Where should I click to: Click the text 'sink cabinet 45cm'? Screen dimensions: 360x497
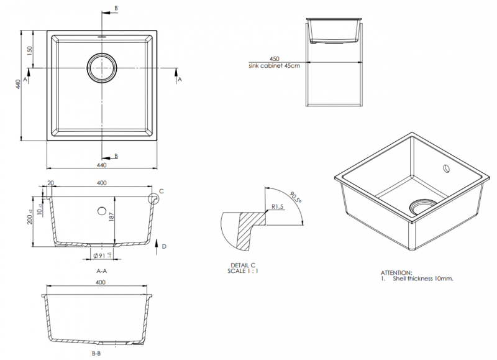pos(275,65)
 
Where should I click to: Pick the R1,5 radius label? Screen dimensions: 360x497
pos(278,207)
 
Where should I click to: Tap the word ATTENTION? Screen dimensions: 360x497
pos(396,272)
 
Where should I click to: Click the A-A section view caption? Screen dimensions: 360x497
pos(101,270)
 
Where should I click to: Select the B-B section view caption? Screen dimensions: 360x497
pos(96,353)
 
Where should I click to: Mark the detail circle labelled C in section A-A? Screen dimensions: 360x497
pos(153,198)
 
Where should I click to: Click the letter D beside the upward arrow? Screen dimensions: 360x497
pos(164,246)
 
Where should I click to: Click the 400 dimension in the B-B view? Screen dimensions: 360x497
pos(101,283)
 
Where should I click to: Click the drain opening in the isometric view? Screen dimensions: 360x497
pos(421,205)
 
